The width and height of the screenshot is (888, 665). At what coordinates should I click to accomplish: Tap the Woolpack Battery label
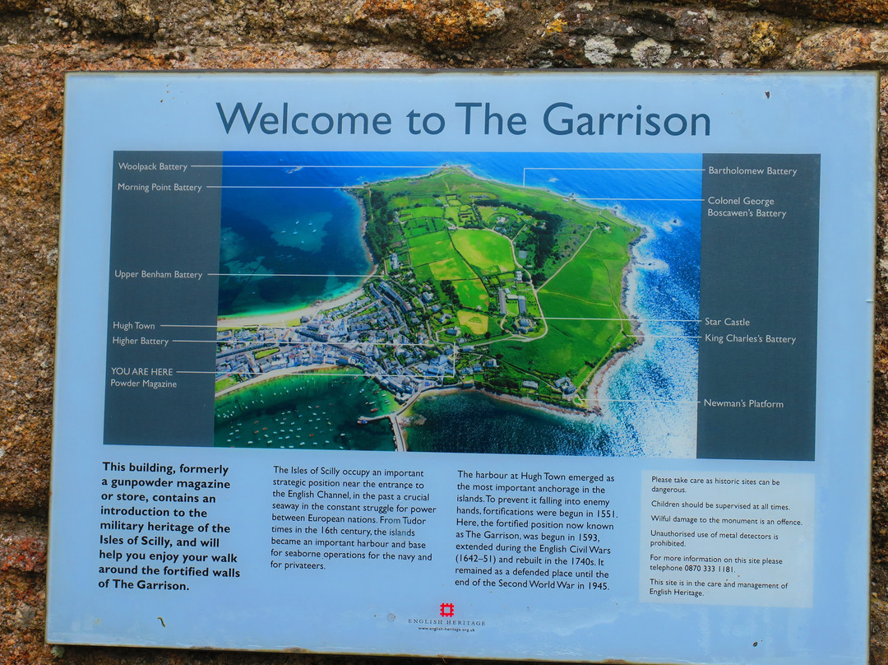(153, 166)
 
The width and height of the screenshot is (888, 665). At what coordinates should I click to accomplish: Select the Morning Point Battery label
(160, 187)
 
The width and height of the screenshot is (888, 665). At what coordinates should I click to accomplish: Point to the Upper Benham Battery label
(158, 274)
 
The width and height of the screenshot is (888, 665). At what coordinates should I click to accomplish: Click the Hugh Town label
(133, 326)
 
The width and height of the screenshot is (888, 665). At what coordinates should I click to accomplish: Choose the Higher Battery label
(141, 341)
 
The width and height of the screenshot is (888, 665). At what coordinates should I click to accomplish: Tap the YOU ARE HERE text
(142, 371)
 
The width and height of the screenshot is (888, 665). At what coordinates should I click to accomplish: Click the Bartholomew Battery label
(752, 171)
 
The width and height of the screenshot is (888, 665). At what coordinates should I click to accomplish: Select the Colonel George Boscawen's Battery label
(747, 207)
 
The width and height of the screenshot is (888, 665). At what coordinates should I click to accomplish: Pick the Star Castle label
(727, 322)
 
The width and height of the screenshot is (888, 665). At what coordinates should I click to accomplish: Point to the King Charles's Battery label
(750, 338)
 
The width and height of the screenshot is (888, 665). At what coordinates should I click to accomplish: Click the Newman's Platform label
(743, 403)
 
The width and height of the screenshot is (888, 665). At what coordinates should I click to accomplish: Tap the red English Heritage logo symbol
(446, 610)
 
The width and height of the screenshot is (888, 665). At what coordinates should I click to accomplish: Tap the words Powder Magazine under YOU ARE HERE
(144, 384)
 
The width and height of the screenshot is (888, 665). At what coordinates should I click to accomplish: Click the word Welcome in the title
(303, 119)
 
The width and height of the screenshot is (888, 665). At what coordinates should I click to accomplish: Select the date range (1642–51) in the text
(482, 561)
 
